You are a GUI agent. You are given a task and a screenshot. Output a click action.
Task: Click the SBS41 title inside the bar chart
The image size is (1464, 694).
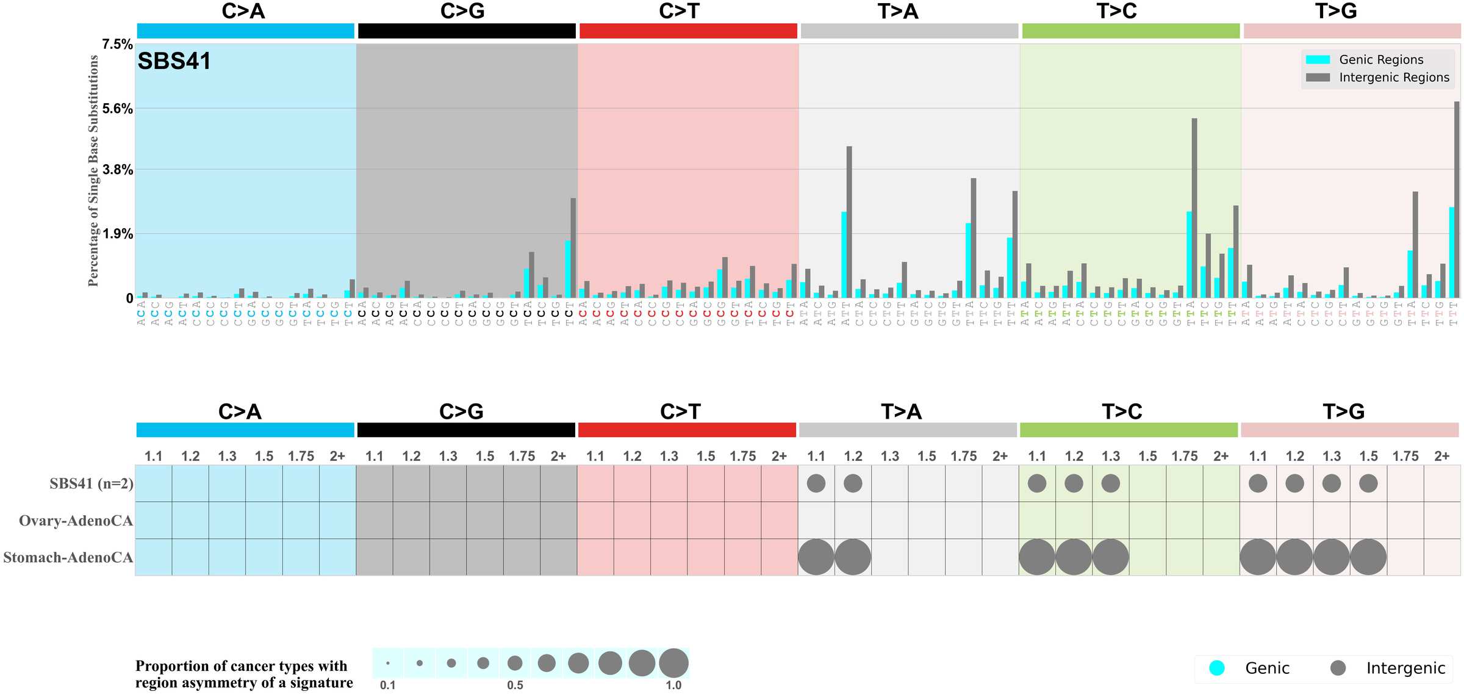pyautogui.click(x=174, y=61)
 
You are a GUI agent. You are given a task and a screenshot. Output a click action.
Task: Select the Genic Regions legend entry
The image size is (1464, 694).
pyautogui.click(x=1380, y=60)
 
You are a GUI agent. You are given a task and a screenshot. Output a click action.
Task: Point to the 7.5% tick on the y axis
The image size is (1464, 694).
pyautogui.click(x=117, y=45)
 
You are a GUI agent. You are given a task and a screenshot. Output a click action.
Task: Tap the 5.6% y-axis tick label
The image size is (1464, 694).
pyautogui.click(x=117, y=109)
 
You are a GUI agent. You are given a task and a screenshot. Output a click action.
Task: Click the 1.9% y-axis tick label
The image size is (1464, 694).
pyautogui.click(x=117, y=234)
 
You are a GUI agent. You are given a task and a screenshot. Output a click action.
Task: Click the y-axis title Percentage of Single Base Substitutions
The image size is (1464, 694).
pyautogui.click(x=93, y=171)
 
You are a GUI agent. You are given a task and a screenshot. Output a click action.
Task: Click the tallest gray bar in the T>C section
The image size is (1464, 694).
pyautogui.click(x=1194, y=208)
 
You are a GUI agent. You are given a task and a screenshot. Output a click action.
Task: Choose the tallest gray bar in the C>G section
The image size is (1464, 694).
pyautogui.click(x=573, y=248)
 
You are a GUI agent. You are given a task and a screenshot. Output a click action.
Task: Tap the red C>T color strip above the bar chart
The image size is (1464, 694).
pyautogui.click(x=688, y=31)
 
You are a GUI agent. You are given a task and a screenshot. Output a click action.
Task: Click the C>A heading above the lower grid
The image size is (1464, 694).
pyautogui.click(x=240, y=412)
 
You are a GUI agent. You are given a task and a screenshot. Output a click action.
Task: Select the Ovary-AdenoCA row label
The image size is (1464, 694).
pyautogui.click(x=76, y=521)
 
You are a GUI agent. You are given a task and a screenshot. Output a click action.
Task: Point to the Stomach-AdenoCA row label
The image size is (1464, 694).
pyautogui.click(x=68, y=557)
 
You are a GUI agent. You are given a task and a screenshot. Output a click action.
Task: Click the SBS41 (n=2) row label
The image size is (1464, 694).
pyautogui.click(x=91, y=483)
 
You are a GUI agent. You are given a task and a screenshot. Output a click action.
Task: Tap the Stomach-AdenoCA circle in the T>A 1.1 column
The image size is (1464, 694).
pyautogui.click(x=816, y=557)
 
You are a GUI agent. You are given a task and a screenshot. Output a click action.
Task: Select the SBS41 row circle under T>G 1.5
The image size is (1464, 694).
pyautogui.click(x=1368, y=483)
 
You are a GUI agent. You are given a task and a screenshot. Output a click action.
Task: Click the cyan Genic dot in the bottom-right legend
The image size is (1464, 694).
pyautogui.click(x=1217, y=668)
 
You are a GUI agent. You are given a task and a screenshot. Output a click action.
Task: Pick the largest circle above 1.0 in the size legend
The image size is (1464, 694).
pyautogui.click(x=673, y=663)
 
